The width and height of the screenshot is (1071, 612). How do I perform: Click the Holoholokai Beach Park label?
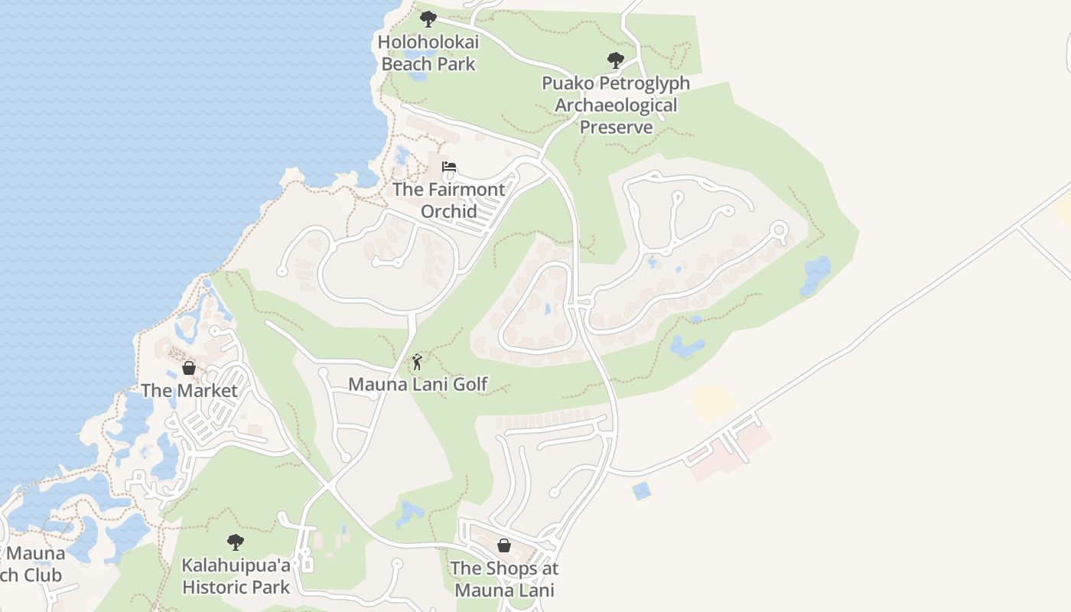[428, 54]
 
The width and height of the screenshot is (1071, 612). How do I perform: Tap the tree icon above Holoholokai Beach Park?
[428, 18]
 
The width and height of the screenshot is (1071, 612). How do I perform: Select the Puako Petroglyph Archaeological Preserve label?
[616, 105]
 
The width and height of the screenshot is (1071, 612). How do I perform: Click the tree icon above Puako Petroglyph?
[615, 60]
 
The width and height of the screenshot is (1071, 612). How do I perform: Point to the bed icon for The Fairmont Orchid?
[449, 167]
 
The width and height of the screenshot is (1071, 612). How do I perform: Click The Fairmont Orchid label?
[448, 200]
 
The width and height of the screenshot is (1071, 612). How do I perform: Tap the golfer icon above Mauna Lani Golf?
[417, 362]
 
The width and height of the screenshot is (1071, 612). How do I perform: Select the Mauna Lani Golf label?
[418, 384]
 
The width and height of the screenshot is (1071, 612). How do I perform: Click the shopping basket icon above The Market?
[189, 368]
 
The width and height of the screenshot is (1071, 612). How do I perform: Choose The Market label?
[189, 390]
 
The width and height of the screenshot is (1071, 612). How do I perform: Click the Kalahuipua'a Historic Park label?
[236, 576]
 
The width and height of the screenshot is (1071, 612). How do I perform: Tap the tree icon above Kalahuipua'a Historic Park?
[236, 542]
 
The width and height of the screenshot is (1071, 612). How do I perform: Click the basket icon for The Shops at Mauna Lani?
[504, 545]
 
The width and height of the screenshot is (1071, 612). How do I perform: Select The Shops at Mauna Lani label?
[504, 579]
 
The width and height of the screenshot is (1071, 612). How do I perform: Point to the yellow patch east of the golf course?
[712, 402]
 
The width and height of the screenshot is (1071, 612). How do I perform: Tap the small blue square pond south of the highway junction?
[641, 490]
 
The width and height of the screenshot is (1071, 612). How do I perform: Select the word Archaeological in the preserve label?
[616, 105]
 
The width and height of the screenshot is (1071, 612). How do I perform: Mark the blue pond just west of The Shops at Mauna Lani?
[409, 513]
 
